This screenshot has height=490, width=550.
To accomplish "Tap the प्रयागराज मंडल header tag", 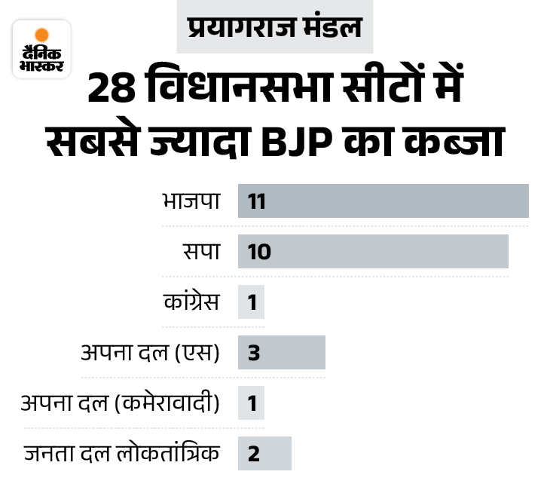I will pos(274,29).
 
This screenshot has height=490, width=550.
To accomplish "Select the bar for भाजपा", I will pos(383,201).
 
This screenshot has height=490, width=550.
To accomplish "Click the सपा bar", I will pos(373,251).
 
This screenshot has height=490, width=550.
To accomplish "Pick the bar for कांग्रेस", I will pos(251,302).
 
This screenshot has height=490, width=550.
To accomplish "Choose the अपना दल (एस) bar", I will pos(281,352).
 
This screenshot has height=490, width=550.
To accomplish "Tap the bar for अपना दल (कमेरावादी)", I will pos(251,403).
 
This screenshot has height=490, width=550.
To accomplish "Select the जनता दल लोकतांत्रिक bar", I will pos(264,453).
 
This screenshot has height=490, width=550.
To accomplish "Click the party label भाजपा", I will pos(191,201).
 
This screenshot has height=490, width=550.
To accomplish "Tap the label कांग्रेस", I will pos(192,302).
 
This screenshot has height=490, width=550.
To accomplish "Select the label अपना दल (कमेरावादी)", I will pos(121,403).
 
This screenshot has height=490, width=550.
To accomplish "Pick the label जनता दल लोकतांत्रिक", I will pos(122,454).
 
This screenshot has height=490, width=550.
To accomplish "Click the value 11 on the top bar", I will pos(257,201).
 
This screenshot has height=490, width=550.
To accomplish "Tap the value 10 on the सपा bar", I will pos(258,252).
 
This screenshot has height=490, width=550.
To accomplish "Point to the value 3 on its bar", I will pos(253,353).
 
